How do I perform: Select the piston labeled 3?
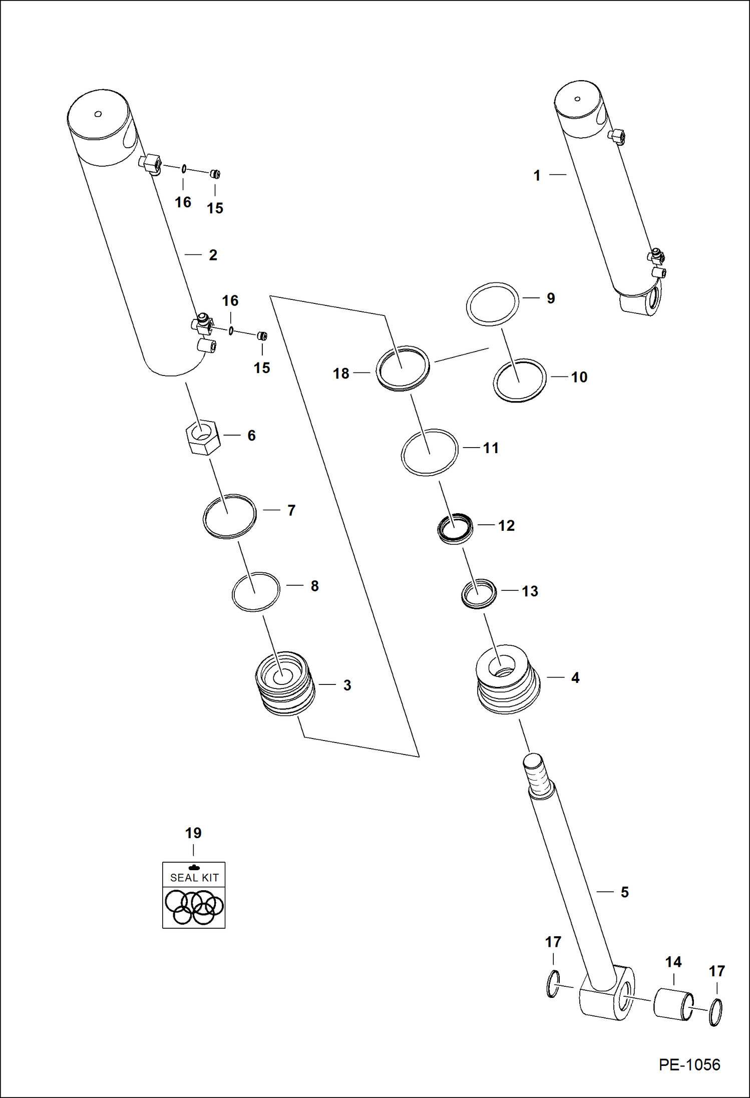coord(285,683)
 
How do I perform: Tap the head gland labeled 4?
coord(508,679)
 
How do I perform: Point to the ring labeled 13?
coord(479,594)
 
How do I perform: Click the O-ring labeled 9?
coord(492,304)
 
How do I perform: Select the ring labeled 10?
coord(519,380)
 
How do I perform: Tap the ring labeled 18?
coord(403,368)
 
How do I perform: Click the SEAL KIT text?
coord(194,878)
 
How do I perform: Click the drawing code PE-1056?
coord(689,1064)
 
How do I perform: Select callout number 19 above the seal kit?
coord(193,833)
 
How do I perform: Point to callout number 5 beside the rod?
coord(624,892)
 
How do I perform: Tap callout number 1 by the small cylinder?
coord(537,175)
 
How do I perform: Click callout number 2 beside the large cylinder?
coord(213,255)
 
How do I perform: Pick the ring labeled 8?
coord(255,591)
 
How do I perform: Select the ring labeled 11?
coord(429,452)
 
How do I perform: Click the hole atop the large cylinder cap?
coord(98,114)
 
